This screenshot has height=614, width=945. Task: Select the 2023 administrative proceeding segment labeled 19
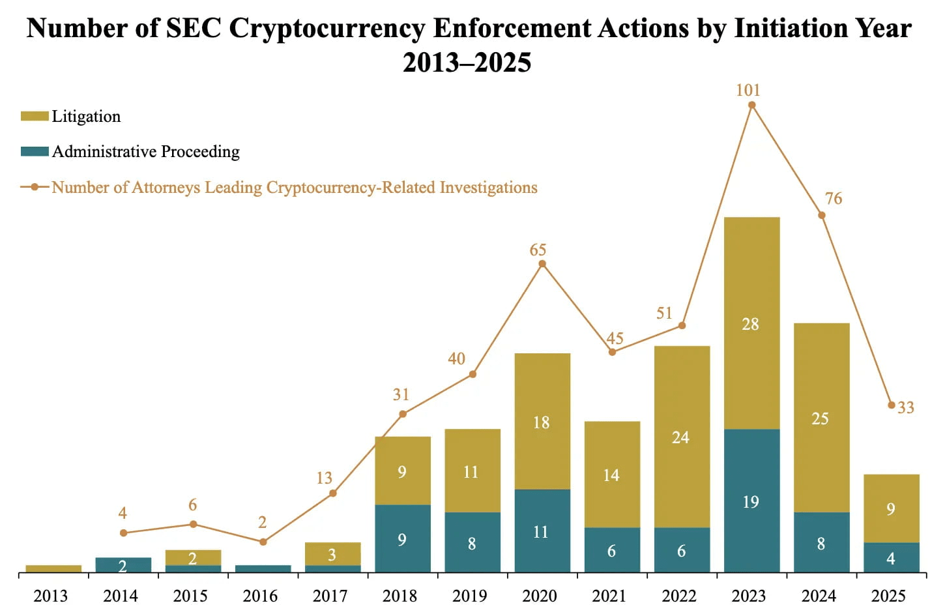tap(751, 501)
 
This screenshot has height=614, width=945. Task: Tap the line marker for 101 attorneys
tap(751, 105)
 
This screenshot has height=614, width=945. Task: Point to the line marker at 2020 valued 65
tap(542, 264)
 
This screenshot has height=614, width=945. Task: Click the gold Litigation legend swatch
tap(35, 116)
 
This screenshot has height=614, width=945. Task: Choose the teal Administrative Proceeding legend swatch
tap(35, 151)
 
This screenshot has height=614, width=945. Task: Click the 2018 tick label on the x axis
tap(400, 596)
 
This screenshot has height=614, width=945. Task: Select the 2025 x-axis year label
tap(888, 596)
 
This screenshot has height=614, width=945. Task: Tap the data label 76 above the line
tap(833, 198)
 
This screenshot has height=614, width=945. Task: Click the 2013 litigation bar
tap(53, 568)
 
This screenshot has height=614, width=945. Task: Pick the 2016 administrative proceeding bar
tap(263, 568)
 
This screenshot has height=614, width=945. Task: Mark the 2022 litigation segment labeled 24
tap(682, 436)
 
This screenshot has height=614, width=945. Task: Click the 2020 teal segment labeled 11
tap(542, 531)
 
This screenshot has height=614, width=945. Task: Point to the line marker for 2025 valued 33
tap(892, 405)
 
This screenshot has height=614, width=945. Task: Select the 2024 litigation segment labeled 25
tap(821, 417)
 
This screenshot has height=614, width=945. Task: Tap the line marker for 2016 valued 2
tap(263, 542)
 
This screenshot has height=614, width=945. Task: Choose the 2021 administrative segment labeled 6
tap(612, 550)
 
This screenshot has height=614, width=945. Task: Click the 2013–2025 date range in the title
tap(467, 63)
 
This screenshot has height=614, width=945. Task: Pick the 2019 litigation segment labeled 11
tap(472, 471)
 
